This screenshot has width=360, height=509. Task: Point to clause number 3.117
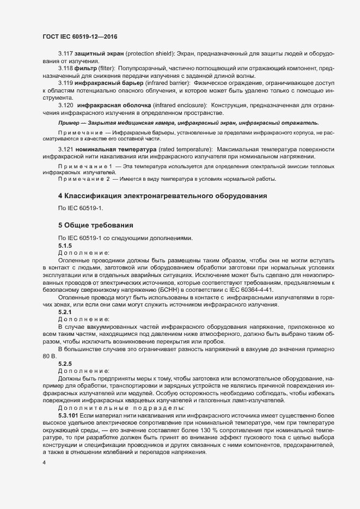65,56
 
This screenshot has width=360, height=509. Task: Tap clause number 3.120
65,104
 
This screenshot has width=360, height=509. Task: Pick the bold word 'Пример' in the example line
70,123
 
